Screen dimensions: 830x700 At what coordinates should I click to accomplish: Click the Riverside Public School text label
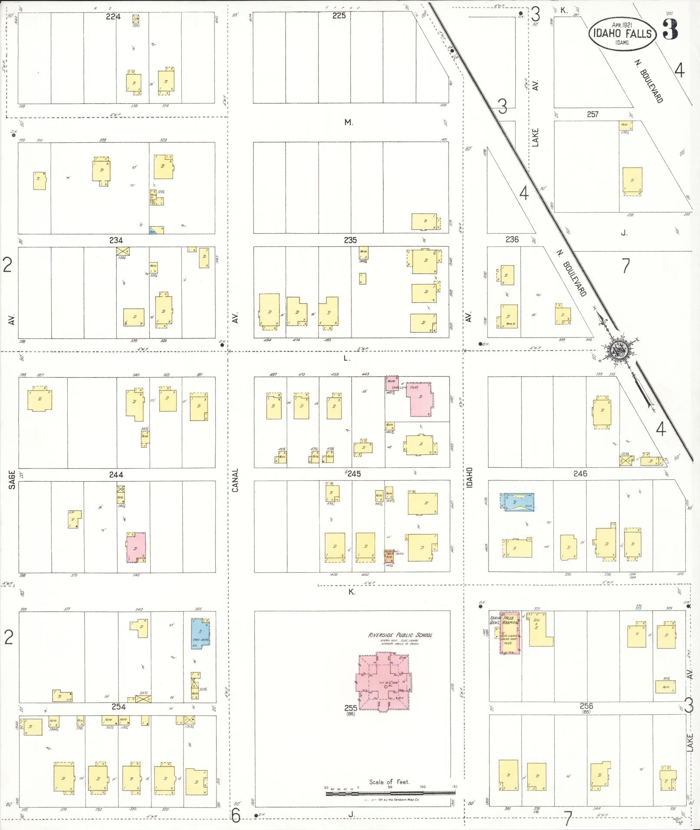pos(400,635)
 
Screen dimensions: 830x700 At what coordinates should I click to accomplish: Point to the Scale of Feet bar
pos(391,793)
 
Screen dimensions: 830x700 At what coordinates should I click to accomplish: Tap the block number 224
pos(113,16)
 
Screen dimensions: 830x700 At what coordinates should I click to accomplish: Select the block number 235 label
pos(350,240)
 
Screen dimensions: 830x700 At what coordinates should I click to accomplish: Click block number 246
pos(580,473)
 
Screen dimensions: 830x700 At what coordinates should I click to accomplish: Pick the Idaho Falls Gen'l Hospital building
pos(509,633)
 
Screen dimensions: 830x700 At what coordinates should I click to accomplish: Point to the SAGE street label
pos(12,479)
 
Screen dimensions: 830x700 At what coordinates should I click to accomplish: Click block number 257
pos(592,114)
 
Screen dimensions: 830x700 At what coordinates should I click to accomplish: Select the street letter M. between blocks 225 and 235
pos(348,123)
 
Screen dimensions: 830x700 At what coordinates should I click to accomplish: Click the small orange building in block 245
pos(389,556)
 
